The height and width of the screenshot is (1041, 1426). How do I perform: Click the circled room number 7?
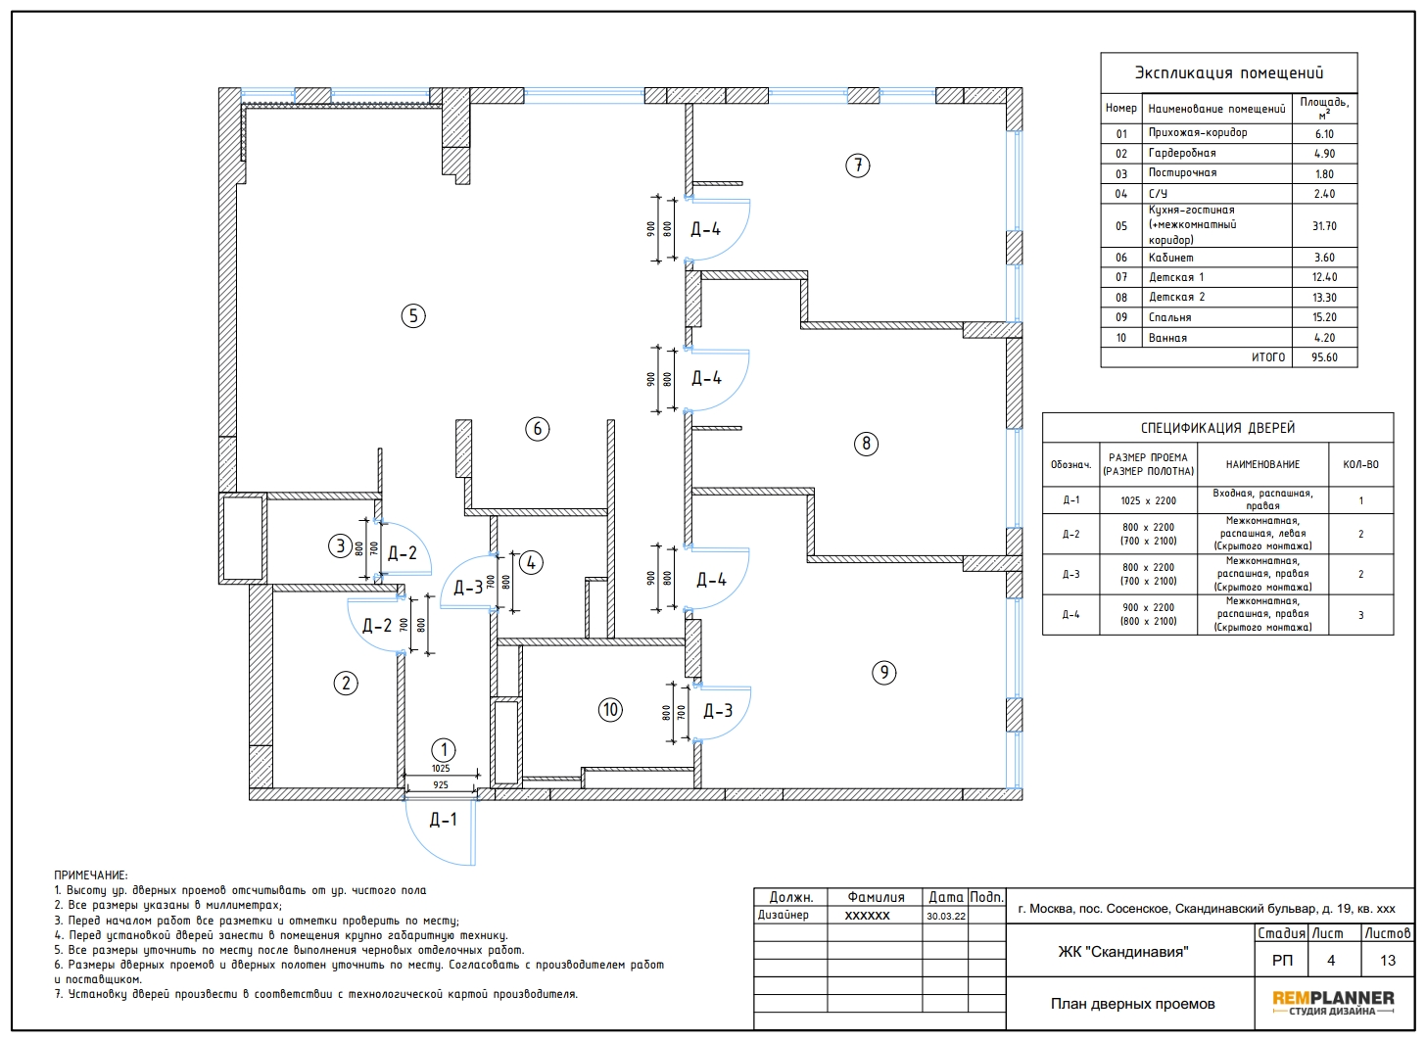(858, 166)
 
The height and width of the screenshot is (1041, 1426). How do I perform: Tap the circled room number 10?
(610, 709)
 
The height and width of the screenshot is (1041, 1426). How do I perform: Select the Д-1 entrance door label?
(443, 820)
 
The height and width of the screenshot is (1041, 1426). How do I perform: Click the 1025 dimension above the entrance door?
(441, 769)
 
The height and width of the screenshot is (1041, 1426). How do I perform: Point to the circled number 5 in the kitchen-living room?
(413, 315)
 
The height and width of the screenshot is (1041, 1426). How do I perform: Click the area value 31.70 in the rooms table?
(1324, 226)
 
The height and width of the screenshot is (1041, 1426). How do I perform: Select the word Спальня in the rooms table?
(1169, 317)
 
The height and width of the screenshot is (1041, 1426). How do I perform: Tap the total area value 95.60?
(1324, 357)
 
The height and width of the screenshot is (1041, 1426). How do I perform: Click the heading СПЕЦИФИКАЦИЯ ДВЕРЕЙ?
(1217, 428)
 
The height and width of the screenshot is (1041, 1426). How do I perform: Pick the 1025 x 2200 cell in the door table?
(1149, 500)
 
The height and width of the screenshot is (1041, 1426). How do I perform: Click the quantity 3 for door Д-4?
(1361, 615)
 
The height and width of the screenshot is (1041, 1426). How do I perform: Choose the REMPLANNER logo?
(1333, 1003)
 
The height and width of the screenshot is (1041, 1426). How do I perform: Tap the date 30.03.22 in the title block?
(946, 917)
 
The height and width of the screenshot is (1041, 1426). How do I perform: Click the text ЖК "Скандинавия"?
(1123, 952)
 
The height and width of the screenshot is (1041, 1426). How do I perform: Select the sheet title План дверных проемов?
(1132, 1004)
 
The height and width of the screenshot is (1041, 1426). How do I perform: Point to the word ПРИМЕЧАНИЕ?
(90, 875)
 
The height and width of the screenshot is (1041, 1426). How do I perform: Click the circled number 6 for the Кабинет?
(538, 429)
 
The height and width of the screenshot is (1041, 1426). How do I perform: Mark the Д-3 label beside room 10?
(718, 711)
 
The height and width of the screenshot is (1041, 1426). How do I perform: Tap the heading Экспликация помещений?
(1228, 72)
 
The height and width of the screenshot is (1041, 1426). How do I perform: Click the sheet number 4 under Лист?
(1330, 960)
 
